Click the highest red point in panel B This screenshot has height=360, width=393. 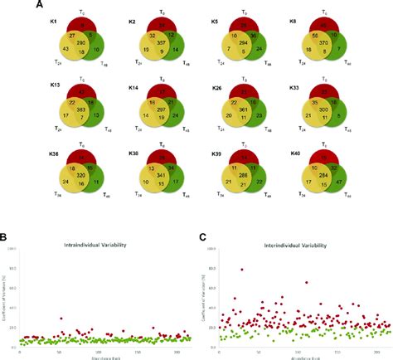point(61,319)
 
